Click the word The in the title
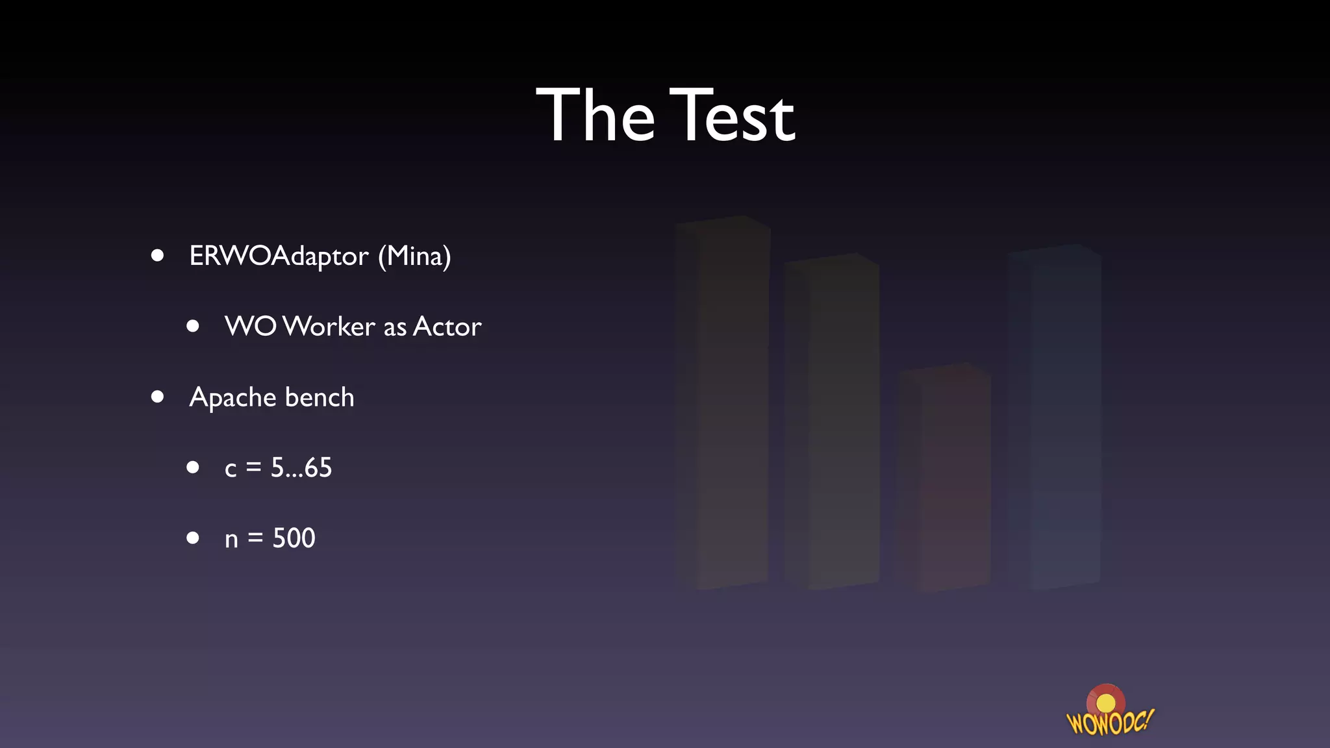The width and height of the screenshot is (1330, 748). coord(596,116)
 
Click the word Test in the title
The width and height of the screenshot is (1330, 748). coord(733,116)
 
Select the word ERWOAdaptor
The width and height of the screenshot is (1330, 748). coord(279,256)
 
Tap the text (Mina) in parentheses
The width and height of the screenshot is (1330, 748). coord(414,256)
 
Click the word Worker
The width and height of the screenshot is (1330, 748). coord(329,326)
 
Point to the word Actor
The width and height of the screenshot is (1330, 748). coord(447,326)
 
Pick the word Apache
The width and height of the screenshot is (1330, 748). coord(233,397)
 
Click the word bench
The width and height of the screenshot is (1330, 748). coord(320,397)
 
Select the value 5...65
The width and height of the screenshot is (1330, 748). coord(301,467)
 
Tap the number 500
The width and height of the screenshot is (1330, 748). coord(294,538)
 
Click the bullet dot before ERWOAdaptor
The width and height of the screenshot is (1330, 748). coord(157,256)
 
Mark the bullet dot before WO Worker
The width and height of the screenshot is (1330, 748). coord(193,326)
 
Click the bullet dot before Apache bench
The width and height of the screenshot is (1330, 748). coord(157,397)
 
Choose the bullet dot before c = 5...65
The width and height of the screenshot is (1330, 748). coord(193,467)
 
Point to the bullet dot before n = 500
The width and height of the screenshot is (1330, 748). coord(193,538)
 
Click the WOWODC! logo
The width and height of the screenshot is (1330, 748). coord(1109,712)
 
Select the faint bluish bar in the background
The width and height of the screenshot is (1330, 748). coord(1054,416)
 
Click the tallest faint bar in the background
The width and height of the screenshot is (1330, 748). coord(721,403)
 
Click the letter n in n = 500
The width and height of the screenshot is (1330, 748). coord(231,540)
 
